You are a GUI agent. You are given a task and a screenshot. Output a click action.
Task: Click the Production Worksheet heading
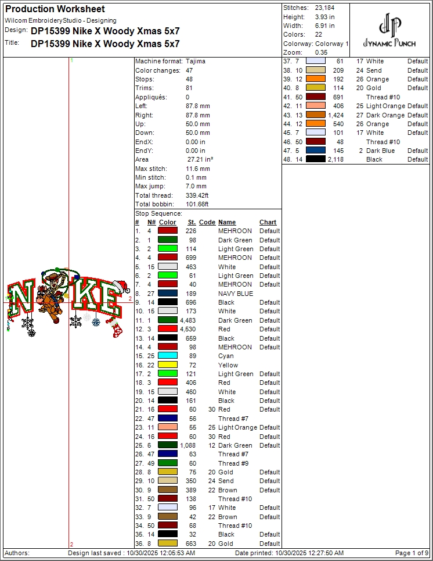[55, 9]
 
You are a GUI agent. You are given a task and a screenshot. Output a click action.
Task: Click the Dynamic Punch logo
[389, 32]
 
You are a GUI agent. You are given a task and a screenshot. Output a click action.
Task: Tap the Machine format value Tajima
[196, 61]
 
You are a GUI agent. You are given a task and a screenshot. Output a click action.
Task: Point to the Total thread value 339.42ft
[196, 195]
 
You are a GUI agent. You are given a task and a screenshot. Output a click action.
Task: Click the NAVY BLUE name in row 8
[236, 294]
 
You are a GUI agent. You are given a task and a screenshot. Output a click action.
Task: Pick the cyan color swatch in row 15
[168, 356]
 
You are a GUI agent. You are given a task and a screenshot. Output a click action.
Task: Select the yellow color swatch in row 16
[168, 365]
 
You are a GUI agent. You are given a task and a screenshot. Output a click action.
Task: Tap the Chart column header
[268, 222]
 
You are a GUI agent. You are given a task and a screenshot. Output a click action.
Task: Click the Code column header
[207, 222]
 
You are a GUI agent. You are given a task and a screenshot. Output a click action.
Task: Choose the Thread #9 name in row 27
[233, 463]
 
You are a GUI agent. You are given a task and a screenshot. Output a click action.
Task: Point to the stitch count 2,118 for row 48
[336, 159]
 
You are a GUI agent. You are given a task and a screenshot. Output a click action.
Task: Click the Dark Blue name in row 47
[381, 151]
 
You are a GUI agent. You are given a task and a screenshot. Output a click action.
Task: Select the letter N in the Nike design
[21, 298]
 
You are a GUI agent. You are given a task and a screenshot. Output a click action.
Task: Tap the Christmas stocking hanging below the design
[117, 330]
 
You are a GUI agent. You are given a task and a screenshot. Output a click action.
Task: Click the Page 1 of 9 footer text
[412, 553]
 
